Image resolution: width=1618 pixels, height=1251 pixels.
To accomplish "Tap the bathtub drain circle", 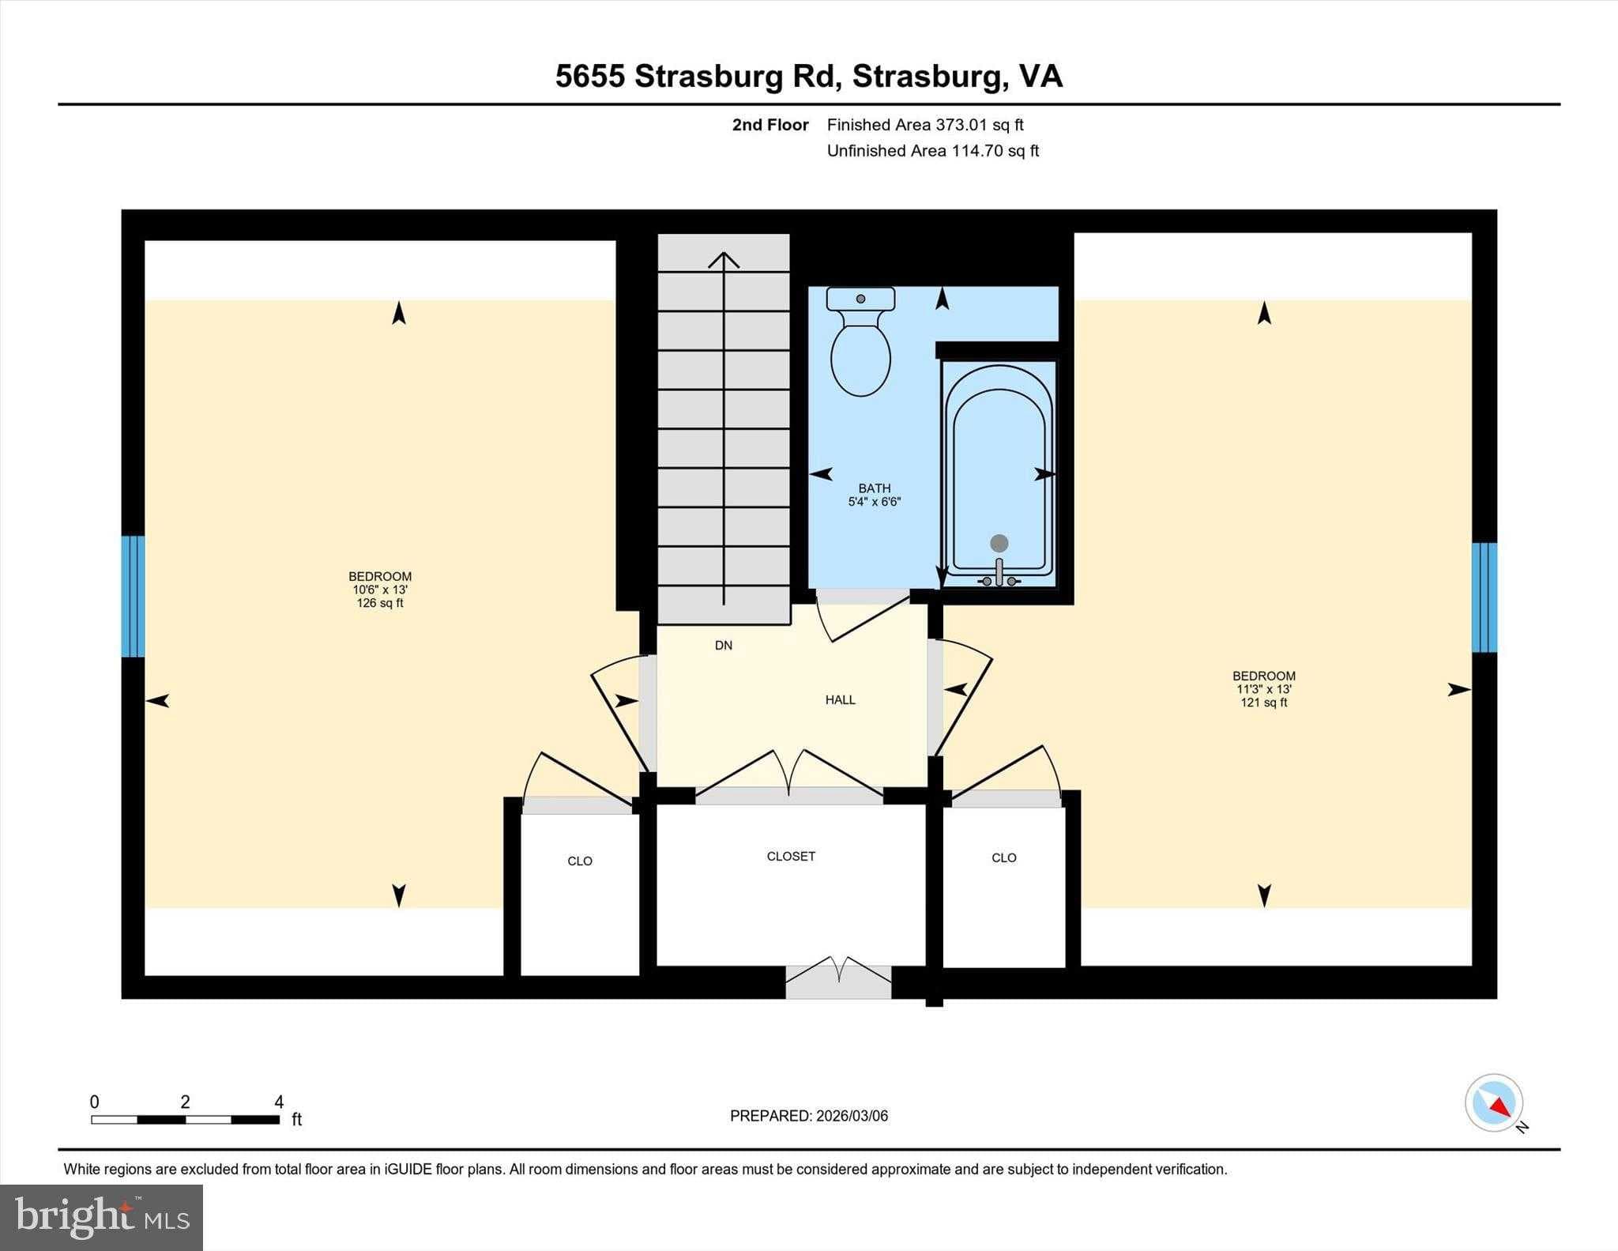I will click(x=999, y=543).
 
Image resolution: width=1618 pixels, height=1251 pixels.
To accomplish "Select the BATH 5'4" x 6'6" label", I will click(x=874, y=495).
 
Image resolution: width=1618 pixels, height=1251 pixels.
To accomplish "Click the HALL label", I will click(x=840, y=699).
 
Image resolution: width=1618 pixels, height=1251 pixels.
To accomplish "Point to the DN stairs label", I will click(x=723, y=645).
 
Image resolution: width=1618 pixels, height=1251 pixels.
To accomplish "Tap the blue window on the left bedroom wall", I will click(x=133, y=596).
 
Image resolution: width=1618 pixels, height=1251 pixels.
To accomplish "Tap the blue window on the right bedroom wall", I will click(x=1484, y=597).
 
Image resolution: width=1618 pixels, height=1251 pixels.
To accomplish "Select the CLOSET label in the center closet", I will click(x=791, y=856).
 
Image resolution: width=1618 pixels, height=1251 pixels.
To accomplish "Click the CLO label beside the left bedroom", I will click(x=579, y=861).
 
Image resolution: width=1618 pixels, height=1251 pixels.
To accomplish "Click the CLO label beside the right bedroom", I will click(x=1003, y=857).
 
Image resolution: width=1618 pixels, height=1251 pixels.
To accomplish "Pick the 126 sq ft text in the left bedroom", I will click(x=379, y=603).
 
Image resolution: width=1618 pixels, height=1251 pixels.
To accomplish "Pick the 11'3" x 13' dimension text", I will click(x=1263, y=689).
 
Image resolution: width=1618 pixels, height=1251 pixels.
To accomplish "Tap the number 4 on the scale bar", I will click(x=278, y=1102).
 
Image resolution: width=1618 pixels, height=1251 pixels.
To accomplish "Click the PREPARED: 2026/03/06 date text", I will click(x=808, y=1116).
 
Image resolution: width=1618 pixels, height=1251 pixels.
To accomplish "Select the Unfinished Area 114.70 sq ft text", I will click(x=932, y=151).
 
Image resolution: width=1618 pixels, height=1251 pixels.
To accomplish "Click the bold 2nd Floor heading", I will click(x=769, y=125).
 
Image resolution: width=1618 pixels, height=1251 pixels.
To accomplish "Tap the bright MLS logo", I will click(x=101, y=1217).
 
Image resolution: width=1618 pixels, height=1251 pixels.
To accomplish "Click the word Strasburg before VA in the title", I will click(x=928, y=77).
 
